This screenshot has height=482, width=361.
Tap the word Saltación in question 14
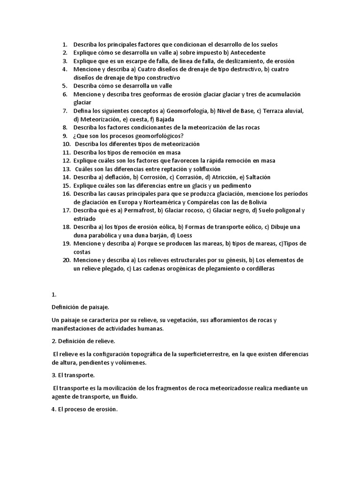pyautogui.click(x=256, y=177)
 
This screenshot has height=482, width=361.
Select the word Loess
pyautogui.click(x=184, y=235)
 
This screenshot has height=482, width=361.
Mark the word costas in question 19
pyautogui.click(x=82, y=252)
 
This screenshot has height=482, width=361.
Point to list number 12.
pyautogui.click(x=66, y=161)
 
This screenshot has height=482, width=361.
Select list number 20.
pyautogui.click(x=66, y=260)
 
